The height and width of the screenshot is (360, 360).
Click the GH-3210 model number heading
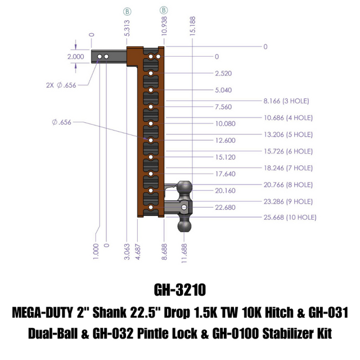click(179, 290)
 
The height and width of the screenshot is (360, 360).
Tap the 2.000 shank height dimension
click(76, 57)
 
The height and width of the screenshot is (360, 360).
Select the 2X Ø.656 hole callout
click(60, 85)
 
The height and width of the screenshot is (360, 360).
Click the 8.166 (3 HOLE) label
click(286, 101)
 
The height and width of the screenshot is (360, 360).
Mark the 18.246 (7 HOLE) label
click(288, 168)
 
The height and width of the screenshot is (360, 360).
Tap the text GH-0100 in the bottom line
click(234, 333)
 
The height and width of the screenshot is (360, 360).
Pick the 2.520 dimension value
click(223, 74)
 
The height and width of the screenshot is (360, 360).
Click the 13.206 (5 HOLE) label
click(288, 134)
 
